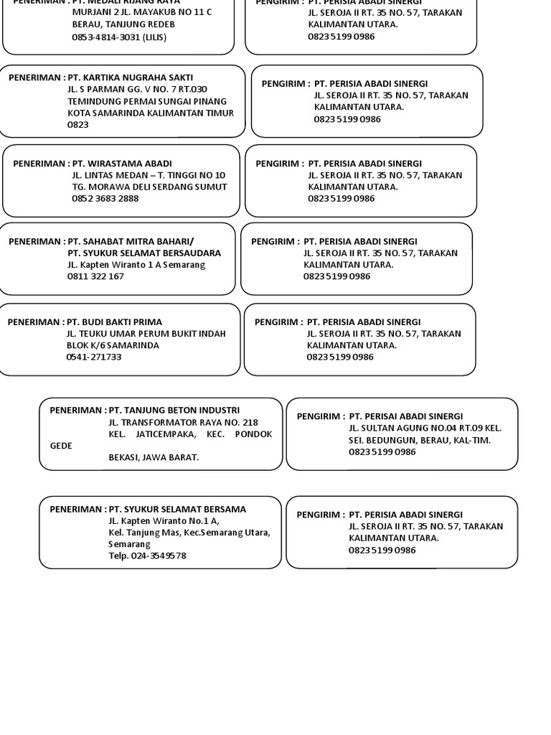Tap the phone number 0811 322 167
95,276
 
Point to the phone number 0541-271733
94,357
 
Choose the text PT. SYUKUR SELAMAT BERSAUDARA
144,253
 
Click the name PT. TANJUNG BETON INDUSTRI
174,411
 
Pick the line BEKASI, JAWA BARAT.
154,457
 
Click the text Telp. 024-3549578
147,556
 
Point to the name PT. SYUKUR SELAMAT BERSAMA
177,510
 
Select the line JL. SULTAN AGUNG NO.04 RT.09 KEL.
425,429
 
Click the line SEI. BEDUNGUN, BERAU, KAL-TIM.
420,440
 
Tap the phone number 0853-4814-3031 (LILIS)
119,37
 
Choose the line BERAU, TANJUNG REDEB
123,24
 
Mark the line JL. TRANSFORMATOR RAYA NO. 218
183,423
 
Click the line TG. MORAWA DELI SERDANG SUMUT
149,187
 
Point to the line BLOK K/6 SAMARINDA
113,345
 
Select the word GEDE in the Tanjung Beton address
61,446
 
